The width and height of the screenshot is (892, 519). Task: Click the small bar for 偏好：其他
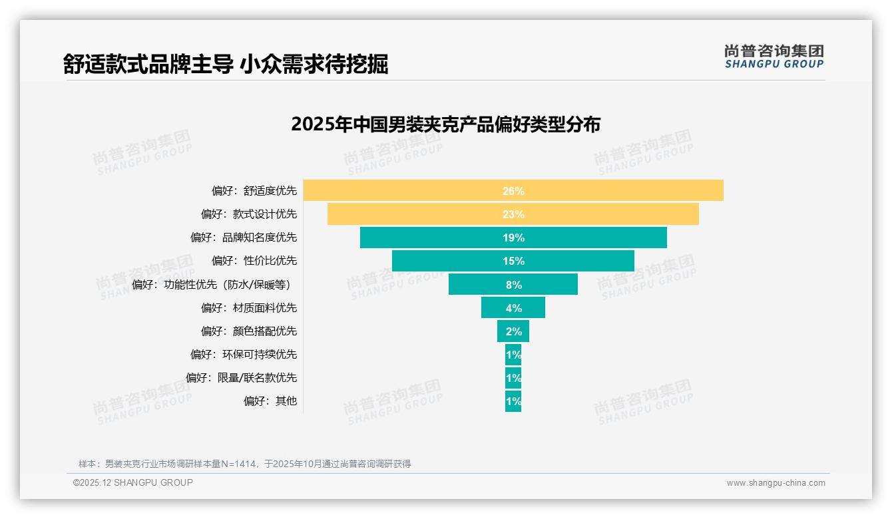[513, 401]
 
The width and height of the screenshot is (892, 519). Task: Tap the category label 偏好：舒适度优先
[254, 191]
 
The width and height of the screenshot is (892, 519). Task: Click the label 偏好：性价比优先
[254, 261]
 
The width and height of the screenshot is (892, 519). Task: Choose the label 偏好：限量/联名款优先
[241, 378]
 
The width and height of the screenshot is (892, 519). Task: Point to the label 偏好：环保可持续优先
[244, 355]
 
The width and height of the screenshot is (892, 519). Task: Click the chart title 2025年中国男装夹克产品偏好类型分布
[445, 124]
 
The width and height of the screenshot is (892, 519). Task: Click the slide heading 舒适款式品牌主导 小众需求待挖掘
[226, 64]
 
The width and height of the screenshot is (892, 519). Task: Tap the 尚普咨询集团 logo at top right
[774, 57]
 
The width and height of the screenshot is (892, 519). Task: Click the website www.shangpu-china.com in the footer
[776, 483]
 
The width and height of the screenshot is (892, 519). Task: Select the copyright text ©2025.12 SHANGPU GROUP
[133, 482]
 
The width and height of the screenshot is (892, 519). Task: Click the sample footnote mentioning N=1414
[244, 464]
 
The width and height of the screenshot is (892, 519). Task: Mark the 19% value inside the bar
[513, 238]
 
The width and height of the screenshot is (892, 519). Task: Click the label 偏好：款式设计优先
[249, 214]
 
